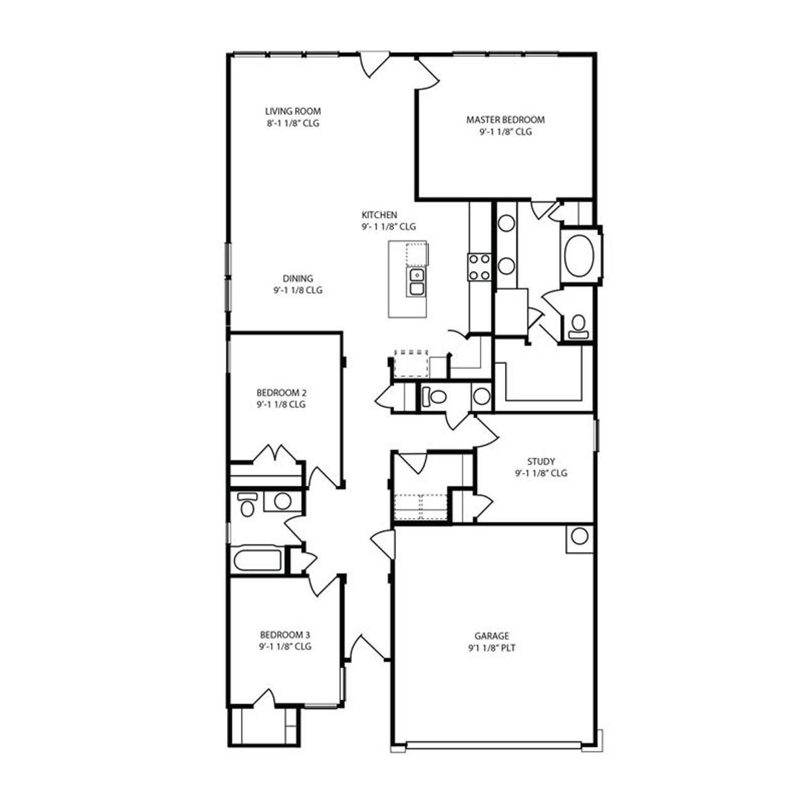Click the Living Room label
coord(289,112)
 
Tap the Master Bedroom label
coord(505,119)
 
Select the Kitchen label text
coord(379,215)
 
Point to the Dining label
coord(297,279)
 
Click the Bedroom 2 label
coord(281,393)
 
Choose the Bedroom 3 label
coord(285,634)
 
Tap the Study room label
coord(541,462)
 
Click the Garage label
coord(492,635)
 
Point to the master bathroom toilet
coord(578,324)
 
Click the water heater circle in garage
coord(580,536)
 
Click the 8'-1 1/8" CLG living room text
coord(293,124)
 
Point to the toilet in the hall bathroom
coord(247,504)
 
